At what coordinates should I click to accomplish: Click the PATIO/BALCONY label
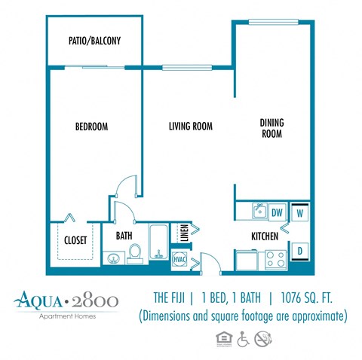pyautogui.click(x=94, y=40)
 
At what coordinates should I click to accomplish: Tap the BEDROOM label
pyautogui.click(x=91, y=127)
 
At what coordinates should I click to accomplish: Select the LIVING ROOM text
pyautogui.click(x=190, y=127)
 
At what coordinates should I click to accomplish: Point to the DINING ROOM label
pyautogui.click(x=271, y=128)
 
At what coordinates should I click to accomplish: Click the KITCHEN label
pyautogui.click(x=265, y=236)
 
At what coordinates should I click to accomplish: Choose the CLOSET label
pyautogui.click(x=75, y=240)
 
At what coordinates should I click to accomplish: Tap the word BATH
pyautogui.click(x=124, y=236)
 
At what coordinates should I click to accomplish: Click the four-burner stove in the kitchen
pyautogui.click(x=274, y=261)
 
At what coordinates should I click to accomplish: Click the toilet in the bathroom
pyautogui.click(x=136, y=254)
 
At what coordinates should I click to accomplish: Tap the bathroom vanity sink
pyautogui.click(x=113, y=258)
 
